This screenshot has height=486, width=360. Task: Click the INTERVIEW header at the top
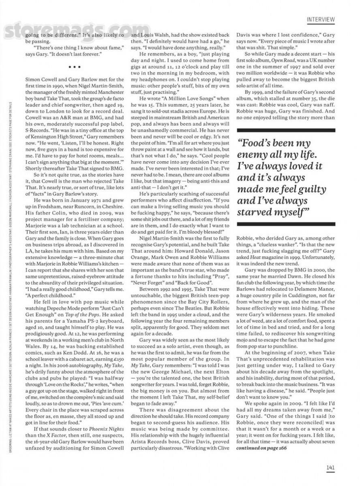(320, 19)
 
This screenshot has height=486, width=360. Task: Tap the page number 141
(330, 467)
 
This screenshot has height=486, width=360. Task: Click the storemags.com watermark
(71, 31)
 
